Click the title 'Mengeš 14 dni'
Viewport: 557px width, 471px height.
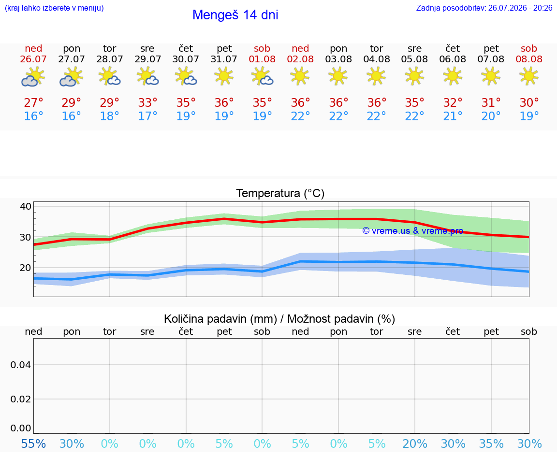coord(235,15)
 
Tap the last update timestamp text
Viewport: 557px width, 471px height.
coord(484,8)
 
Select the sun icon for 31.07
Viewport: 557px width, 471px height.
coord(224,76)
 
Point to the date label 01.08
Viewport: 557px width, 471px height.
coord(262,59)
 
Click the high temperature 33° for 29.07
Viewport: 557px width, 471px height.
coord(148,102)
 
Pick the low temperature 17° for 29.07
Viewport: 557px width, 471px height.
coord(148,116)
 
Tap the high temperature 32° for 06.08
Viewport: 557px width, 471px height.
coord(453,102)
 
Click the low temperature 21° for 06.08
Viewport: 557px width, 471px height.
coord(453,116)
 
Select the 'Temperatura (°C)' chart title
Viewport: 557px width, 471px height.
coord(280,193)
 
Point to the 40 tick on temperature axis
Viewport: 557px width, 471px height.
coord(26,206)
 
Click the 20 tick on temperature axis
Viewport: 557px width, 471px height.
coord(26,268)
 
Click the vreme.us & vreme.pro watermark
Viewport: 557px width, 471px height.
coord(413,231)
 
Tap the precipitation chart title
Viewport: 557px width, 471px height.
coord(279,319)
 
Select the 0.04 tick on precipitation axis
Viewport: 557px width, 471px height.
coord(21,365)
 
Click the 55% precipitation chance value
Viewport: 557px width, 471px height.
coord(33,444)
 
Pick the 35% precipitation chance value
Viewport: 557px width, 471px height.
coord(491,444)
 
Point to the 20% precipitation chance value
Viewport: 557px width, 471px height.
coord(415,444)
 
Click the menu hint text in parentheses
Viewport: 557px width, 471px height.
coord(54,8)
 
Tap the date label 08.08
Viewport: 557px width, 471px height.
coord(529,59)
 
